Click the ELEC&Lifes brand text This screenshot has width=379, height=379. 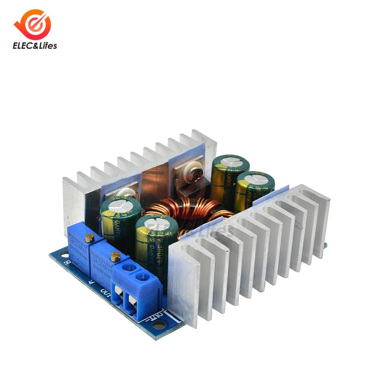point(34,46)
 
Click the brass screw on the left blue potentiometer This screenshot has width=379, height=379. point(90,238)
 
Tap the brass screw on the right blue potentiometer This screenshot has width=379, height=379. point(116,257)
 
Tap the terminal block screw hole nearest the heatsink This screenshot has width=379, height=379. point(143,276)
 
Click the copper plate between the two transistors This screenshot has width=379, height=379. point(155,178)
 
